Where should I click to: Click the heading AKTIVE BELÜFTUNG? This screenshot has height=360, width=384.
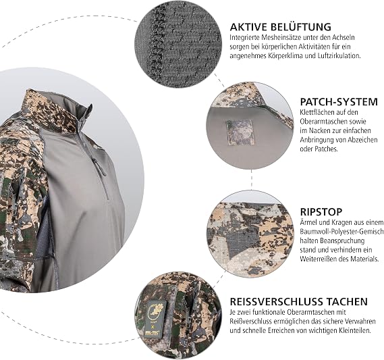point(281,26)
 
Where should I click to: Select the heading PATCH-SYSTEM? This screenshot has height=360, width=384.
point(339,102)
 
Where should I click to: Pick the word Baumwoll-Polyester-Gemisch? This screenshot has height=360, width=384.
point(341,232)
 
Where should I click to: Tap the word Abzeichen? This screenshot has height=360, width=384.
point(363,140)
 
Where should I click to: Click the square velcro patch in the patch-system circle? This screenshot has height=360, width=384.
point(240,132)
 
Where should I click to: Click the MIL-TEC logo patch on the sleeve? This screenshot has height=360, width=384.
point(155,319)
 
